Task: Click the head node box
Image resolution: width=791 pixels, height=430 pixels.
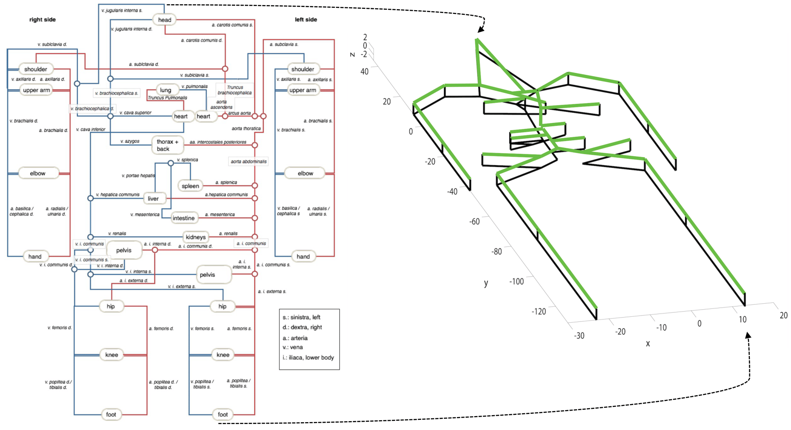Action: pyautogui.click(x=165, y=20)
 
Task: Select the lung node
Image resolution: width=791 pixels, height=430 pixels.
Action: pyautogui.click(x=166, y=90)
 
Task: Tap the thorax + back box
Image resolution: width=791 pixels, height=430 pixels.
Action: pyautogui.click(x=167, y=145)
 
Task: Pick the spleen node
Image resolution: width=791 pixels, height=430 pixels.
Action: pyautogui.click(x=190, y=186)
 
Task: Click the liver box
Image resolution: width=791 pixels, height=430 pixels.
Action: pyautogui.click(x=153, y=199)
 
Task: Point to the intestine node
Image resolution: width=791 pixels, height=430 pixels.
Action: pyautogui.click(x=183, y=218)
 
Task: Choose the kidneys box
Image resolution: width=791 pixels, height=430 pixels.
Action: pyautogui.click(x=195, y=237)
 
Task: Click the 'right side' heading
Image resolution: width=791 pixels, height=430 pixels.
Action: pyautogui.click(x=43, y=20)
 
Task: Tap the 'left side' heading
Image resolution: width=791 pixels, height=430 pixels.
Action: pyautogui.click(x=306, y=19)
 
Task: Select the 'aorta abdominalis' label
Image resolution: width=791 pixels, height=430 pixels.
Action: pyautogui.click(x=249, y=161)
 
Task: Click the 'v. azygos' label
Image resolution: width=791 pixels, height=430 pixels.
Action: pyautogui.click(x=130, y=141)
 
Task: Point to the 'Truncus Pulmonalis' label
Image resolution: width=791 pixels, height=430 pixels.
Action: pyautogui.click(x=168, y=98)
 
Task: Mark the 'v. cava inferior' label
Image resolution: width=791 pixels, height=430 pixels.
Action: pyautogui.click(x=91, y=129)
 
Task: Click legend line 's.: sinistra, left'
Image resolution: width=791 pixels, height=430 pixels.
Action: pyautogui.click(x=301, y=317)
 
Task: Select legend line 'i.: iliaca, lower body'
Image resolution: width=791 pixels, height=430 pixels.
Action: pyautogui.click(x=308, y=357)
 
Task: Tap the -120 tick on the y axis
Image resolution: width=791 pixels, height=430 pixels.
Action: pyautogui.click(x=539, y=312)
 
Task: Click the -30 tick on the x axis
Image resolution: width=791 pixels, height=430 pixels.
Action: pyautogui.click(x=579, y=336)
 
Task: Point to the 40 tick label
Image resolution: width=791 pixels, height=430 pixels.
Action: pyautogui.click(x=365, y=71)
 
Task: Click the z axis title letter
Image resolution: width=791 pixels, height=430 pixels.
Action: pyautogui.click(x=353, y=55)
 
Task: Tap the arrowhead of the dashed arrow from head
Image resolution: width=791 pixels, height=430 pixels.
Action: pyautogui.click(x=480, y=30)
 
